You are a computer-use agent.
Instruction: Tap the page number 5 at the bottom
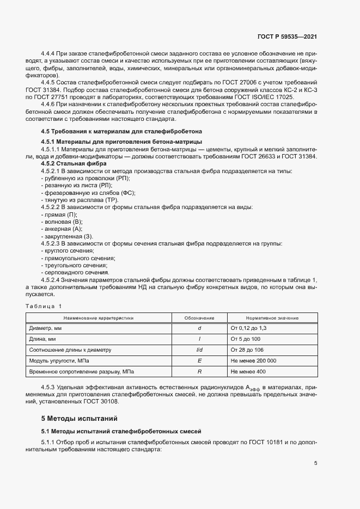coord(315,463)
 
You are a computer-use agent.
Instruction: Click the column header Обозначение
coord(199,318)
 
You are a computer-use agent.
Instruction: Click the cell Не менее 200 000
coord(253,360)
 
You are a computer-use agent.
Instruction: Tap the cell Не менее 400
coord(248,371)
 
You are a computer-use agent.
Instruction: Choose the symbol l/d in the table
coord(199,350)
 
